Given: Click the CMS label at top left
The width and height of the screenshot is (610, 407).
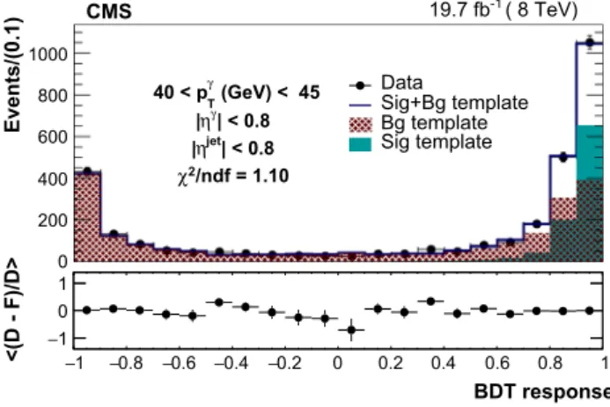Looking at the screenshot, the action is click(109, 11).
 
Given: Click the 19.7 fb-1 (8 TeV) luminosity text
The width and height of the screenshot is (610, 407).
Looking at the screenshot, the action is click(503, 10).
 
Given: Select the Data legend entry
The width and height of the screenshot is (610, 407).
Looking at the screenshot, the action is click(386, 84).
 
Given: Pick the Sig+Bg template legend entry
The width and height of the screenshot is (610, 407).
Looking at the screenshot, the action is click(438, 103).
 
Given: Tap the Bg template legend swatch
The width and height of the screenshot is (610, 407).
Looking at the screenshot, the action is click(361, 124).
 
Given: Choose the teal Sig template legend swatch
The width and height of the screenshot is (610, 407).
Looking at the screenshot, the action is click(361, 144).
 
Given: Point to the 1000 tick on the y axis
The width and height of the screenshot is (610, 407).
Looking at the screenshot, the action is click(48, 55).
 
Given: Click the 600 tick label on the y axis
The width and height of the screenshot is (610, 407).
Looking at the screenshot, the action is click(53, 137).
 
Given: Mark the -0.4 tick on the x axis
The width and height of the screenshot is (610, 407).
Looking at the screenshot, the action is click(232, 364).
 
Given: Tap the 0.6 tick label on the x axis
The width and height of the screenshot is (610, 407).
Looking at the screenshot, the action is click(496, 364).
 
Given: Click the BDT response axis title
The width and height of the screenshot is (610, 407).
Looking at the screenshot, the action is click(541, 392).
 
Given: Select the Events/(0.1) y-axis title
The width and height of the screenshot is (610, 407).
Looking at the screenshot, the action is click(12, 75).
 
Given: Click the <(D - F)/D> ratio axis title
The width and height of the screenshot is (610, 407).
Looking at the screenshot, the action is click(12, 309).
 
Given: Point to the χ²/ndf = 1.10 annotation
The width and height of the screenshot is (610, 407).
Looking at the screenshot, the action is click(233, 177).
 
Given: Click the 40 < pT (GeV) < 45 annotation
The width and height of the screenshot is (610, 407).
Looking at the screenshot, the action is click(237, 94).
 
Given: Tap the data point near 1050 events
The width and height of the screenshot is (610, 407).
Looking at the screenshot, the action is click(590, 42).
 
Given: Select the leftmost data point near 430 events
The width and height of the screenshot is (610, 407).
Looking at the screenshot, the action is click(87, 171).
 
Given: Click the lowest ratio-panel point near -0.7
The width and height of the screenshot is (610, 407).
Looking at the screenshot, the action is click(351, 331).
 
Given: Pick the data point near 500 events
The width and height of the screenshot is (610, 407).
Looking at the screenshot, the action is click(563, 158).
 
